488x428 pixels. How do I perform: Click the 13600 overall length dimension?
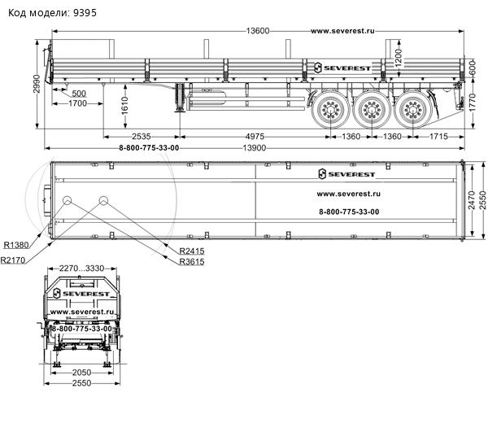(259, 31)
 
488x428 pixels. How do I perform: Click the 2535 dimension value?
(142, 136)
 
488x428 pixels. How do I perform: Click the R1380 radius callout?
(17, 244)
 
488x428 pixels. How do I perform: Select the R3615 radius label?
(191, 262)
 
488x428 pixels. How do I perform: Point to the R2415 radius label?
(191, 250)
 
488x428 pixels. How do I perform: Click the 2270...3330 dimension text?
(82, 268)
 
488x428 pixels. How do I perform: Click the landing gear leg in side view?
(178, 99)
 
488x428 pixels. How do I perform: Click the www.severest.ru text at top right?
(342, 31)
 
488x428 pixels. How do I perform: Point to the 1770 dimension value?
(473, 103)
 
